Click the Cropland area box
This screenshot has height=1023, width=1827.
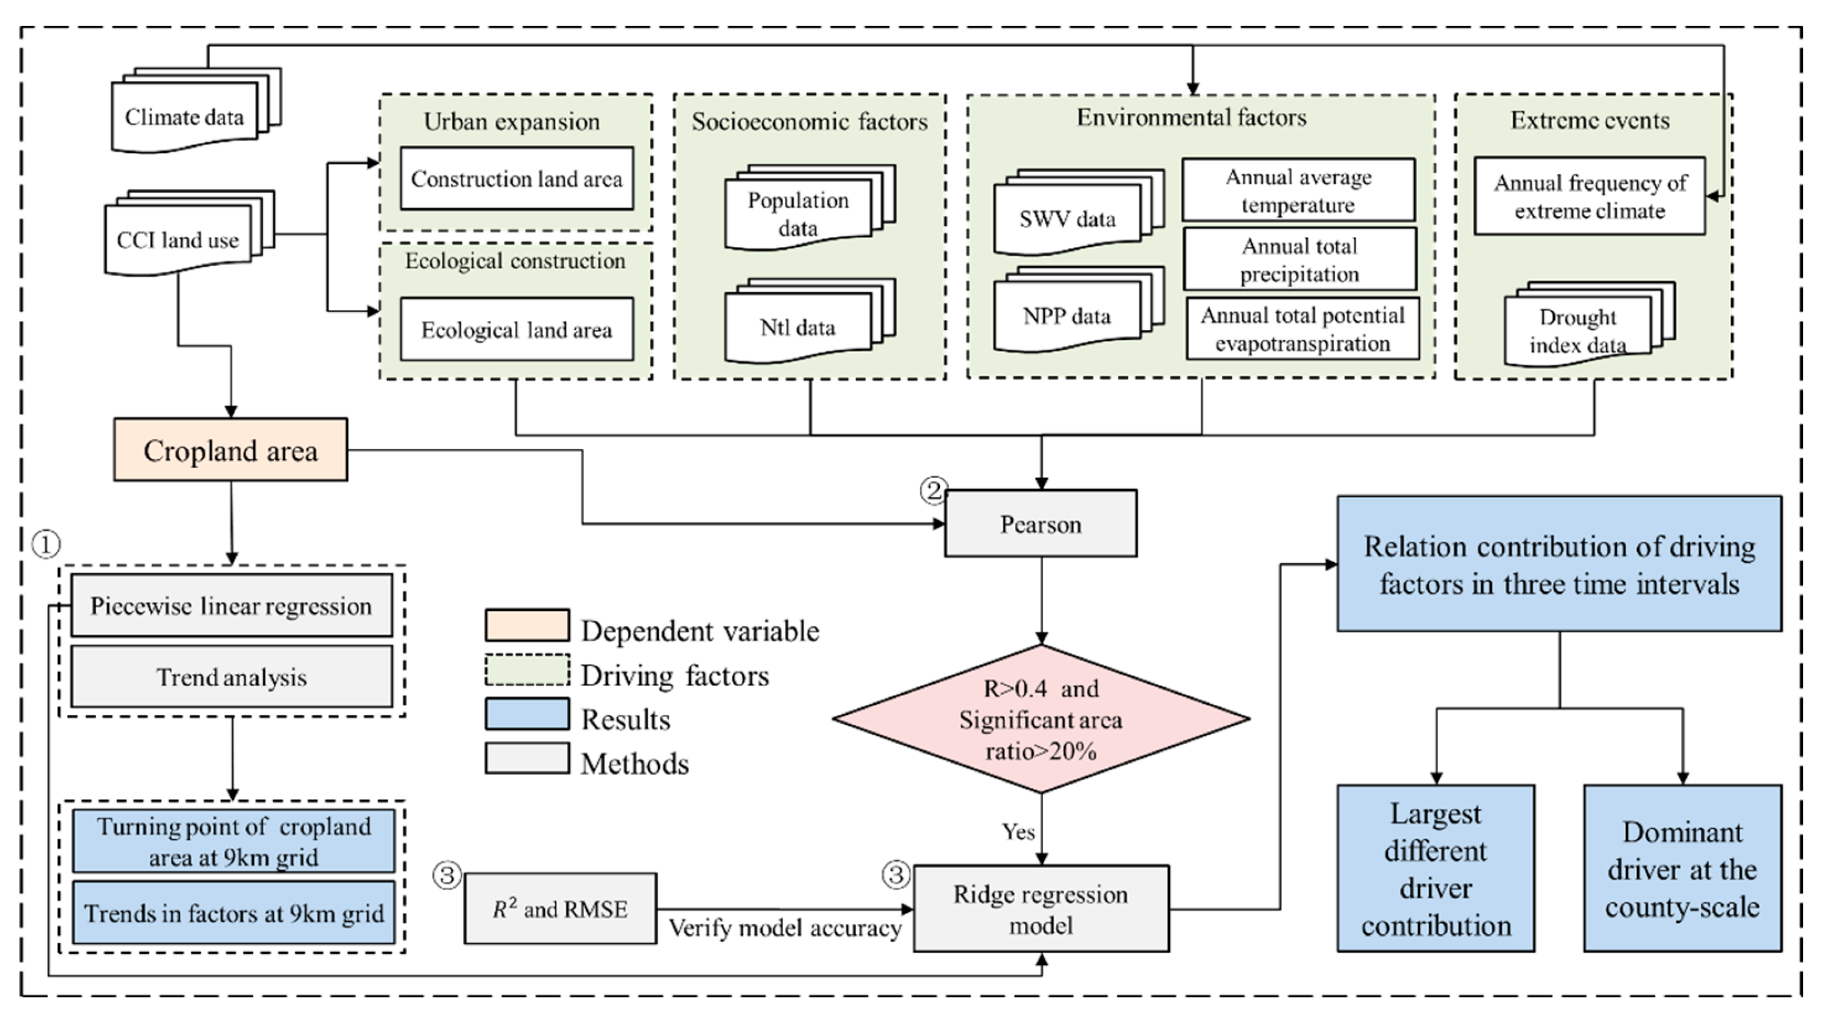pyautogui.click(x=230, y=450)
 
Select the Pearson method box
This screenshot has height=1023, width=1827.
pyautogui.click(x=1040, y=524)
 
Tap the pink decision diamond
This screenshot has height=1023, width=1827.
pyautogui.click(x=1040, y=718)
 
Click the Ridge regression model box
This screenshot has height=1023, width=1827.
pyautogui.click(x=1040, y=909)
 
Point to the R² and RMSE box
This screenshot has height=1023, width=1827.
pyautogui.click(x=560, y=909)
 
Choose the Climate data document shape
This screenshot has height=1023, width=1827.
pyautogui.click(x=185, y=116)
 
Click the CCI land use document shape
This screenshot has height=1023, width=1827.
pyautogui.click(x=178, y=240)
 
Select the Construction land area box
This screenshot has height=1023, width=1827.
pyautogui.click(x=516, y=179)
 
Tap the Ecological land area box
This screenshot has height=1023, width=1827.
pyautogui.click(x=516, y=330)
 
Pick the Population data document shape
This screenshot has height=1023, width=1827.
pyautogui.click(x=798, y=213)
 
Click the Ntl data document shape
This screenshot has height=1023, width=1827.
pyautogui.click(x=798, y=327)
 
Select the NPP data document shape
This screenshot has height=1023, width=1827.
pyautogui.click(x=1068, y=316)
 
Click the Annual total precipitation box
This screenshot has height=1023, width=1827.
pyautogui.click(x=1299, y=260)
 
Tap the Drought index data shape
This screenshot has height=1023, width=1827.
pyautogui.click(x=1578, y=330)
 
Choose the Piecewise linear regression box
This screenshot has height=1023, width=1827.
pyautogui.click(x=231, y=606)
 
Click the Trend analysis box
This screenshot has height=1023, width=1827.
pyautogui.click(x=231, y=677)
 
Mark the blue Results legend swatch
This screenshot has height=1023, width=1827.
pyautogui.click(x=527, y=714)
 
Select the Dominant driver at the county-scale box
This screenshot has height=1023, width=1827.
pyautogui.click(x=1682, y=868)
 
